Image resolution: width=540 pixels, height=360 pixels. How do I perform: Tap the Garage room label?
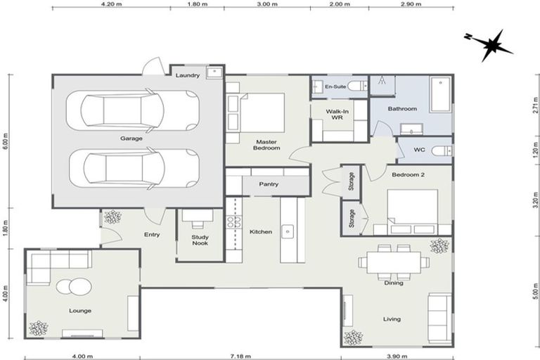131,139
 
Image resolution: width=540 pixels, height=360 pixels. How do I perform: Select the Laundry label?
188,75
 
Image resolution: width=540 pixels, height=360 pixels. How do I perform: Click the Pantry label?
269,184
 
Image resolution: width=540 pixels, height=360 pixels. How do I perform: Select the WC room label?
420,149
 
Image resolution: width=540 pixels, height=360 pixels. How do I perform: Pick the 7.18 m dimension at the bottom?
239,356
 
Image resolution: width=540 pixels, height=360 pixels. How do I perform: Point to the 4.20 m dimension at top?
113,4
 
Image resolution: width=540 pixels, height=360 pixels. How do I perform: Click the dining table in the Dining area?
393,262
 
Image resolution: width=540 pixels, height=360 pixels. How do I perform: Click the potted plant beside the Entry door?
112,217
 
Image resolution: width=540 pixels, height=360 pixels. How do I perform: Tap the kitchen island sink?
288,229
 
